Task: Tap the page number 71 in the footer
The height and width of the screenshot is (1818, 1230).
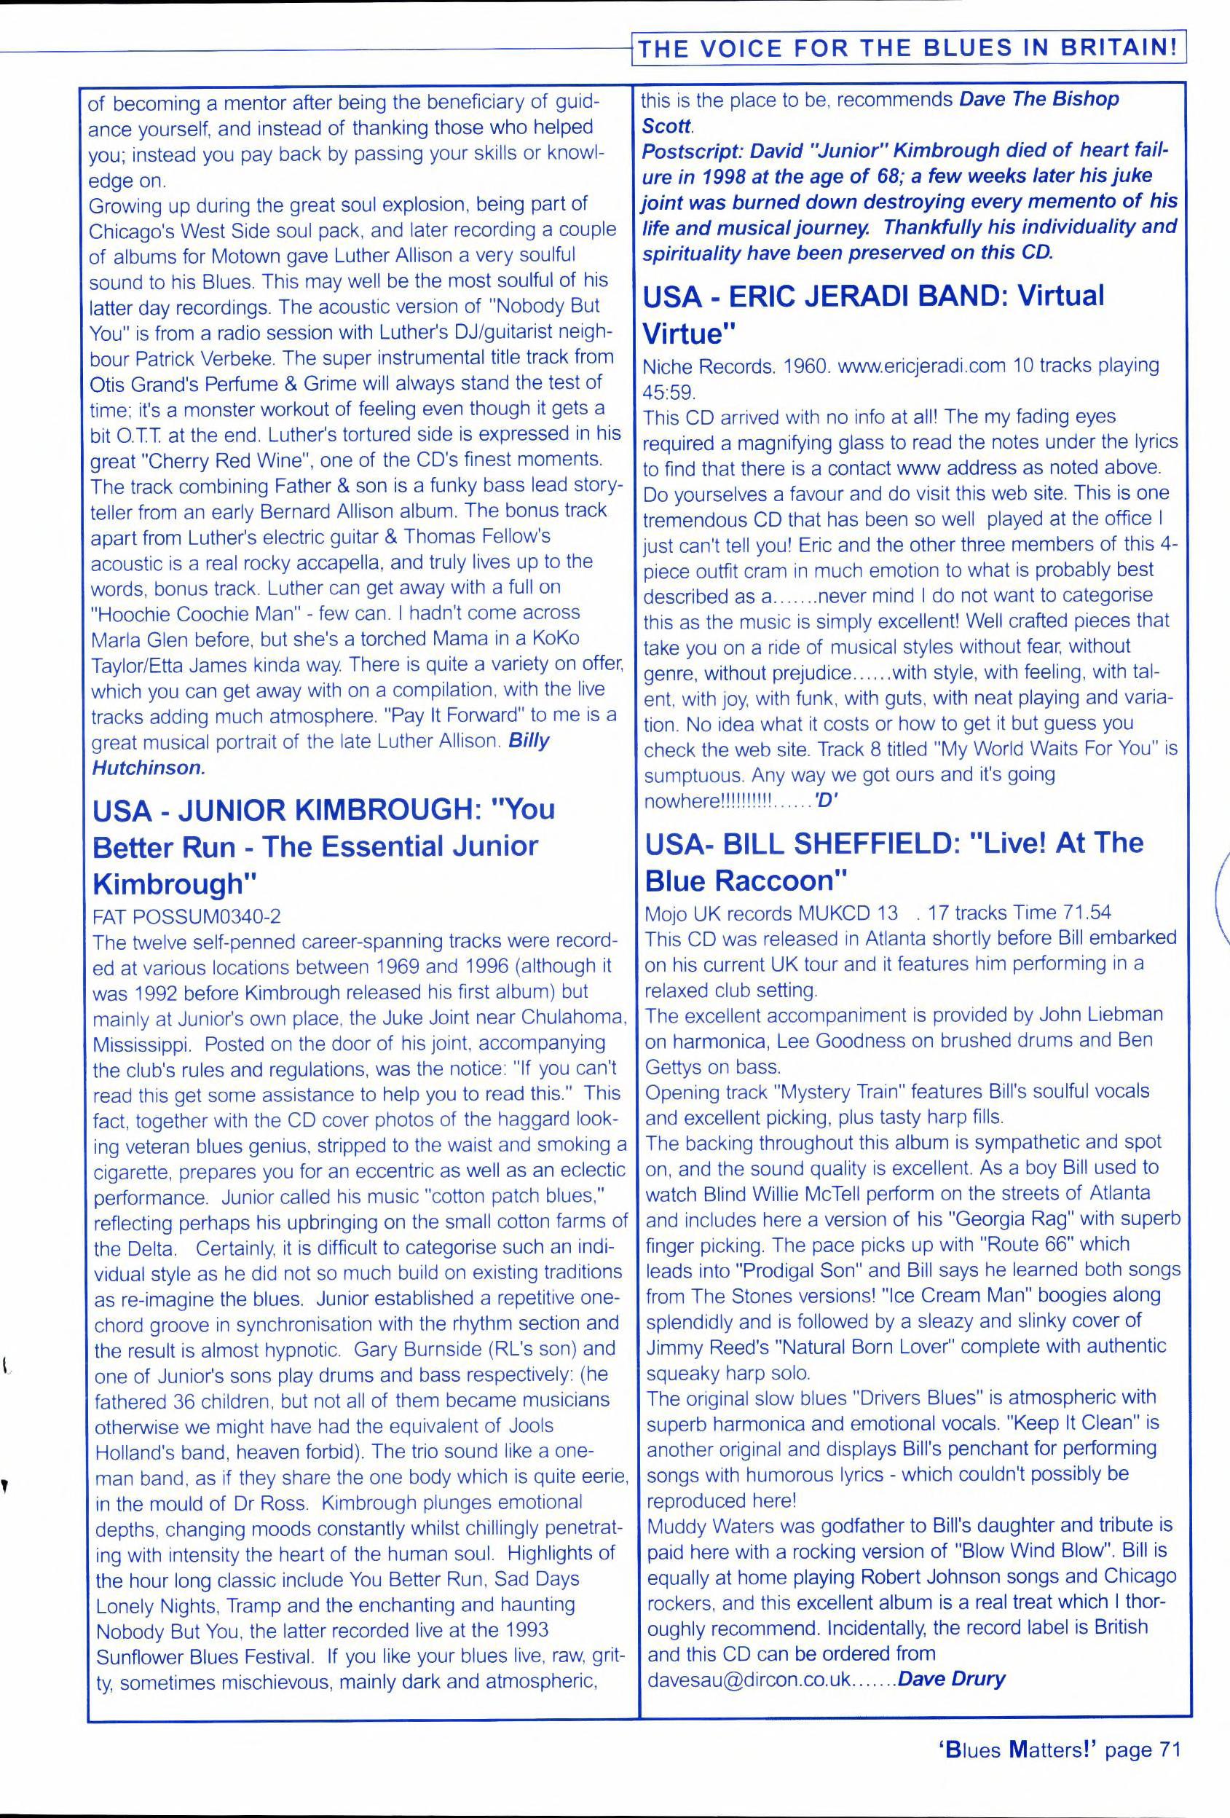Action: click(x=1164, y=1749)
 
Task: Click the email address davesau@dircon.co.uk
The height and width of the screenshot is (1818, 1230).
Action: click(x=749, y=1680)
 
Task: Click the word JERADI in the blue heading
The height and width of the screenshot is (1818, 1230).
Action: click(x=873, y=297)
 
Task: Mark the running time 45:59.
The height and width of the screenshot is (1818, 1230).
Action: click(x=669, y=390)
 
